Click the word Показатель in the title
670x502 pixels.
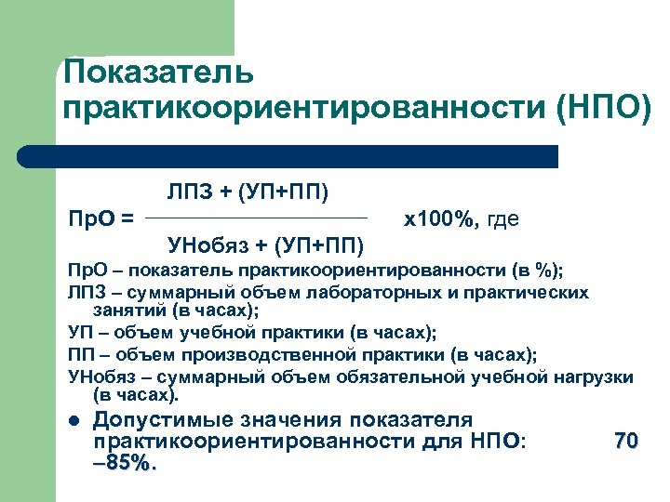tap(156, 73)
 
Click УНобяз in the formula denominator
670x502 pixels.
tap(207, 245)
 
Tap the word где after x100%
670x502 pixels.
tap(502, 219)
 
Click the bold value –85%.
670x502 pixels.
tap(125, 462)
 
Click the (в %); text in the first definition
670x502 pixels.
tap(536, 271)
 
